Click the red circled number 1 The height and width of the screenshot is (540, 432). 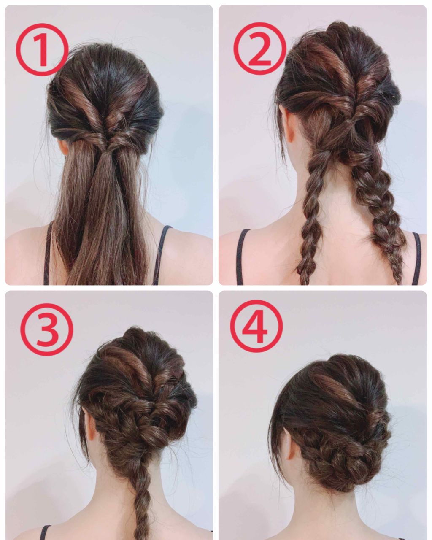point(42,49)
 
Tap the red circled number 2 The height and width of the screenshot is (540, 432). point(260,49)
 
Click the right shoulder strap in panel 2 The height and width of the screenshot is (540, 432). point(416,259)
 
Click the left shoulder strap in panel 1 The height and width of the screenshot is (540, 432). point(48,254)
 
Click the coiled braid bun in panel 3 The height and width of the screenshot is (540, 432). point(140,427)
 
